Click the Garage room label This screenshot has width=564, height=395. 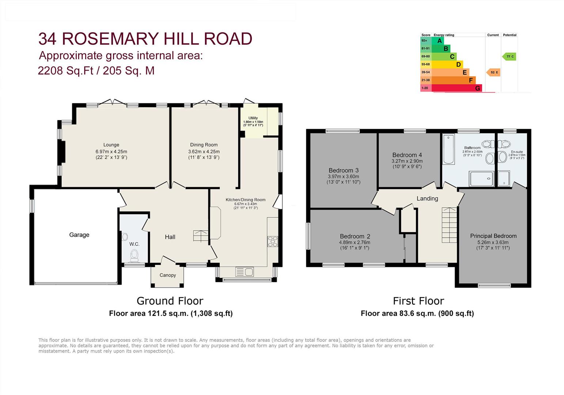[x=79, y=235]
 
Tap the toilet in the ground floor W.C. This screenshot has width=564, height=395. [x=135, y=255]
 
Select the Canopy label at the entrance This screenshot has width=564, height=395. [x=167, y=275]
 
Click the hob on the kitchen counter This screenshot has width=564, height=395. [x=273, y=241]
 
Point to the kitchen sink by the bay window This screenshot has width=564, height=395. [x=245, y=272]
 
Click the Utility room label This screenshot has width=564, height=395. [x=253, y=118]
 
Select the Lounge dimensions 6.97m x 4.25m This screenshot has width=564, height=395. [x=111, y=151]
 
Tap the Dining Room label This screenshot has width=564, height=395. [x=204, y=145]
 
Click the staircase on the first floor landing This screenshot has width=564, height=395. [x=449, y=225]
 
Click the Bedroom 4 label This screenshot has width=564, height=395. [x=407, y=155]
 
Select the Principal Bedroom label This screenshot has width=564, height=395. [x=493, y=236]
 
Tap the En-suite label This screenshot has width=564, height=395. [x=516, y=152]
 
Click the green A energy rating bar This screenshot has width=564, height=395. [x=438, y=41]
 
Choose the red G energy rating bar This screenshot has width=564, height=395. [x=457, y=88]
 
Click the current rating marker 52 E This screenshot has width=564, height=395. [x=493, y=72]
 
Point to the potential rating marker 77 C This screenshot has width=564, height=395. [x=509, y=57]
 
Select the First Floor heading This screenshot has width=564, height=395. [x=418, y=301]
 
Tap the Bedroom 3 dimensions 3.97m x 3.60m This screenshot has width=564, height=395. [x=343, y=176]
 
